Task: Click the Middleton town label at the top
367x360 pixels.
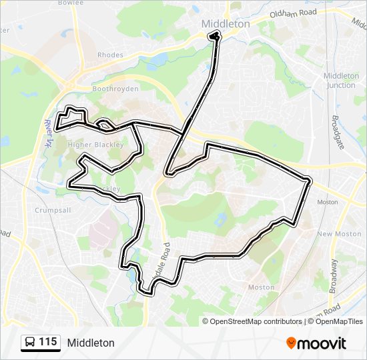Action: [x=226, y=23]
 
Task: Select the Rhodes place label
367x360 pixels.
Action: [x=110, y=55]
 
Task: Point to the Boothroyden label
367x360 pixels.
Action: [x=115, y=89]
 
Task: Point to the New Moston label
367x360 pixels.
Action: [x=334, y=234]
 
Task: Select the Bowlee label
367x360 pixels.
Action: [x=71, y=3]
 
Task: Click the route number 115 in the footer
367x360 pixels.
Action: [x=47, y=342]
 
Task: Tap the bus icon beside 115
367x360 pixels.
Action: [x=30, y=343]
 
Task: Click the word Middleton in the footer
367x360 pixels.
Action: [x=91, y=343]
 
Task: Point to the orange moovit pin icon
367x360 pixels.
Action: [x=291, y=343]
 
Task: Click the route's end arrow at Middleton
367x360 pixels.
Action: [x=214, y=36]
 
